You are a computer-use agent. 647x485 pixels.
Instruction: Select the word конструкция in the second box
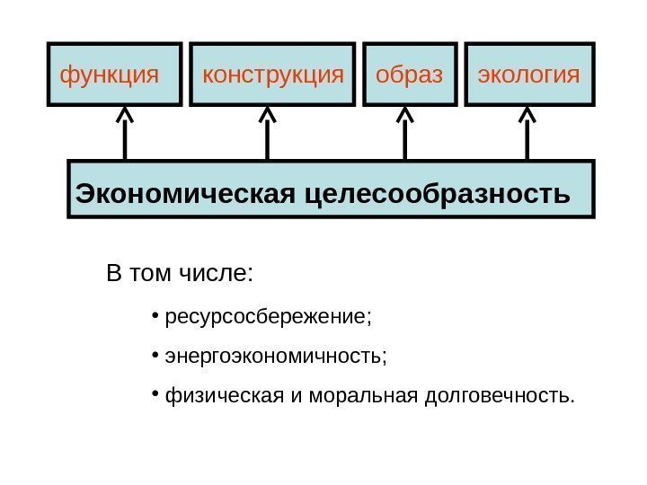273,74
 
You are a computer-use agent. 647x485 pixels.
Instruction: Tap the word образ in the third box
409,74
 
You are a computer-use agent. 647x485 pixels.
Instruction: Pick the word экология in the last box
528,74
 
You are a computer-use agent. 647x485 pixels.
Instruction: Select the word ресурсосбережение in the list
266,318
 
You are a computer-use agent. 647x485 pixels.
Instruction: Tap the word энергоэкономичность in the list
274,357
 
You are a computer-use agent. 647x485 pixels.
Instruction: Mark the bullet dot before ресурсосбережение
155,316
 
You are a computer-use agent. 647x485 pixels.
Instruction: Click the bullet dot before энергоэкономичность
155,355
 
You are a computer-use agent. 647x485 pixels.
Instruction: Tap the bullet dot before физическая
155,393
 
